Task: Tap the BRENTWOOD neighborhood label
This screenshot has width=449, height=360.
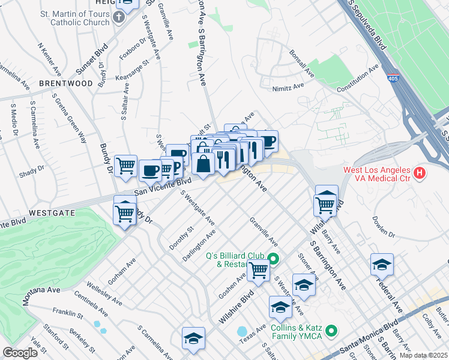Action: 65,83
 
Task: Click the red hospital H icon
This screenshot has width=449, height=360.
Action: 420,174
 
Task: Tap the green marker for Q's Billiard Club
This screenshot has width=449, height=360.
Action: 273,259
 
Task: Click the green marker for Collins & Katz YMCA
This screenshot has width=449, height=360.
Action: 331,331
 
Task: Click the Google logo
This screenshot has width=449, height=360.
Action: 20,353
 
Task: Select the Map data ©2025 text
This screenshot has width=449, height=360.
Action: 423,355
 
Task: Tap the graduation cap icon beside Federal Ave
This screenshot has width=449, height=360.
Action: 382,264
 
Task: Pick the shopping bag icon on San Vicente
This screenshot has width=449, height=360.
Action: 203,163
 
